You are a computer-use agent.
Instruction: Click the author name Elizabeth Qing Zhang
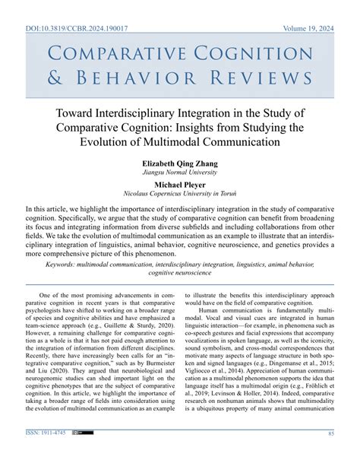pyautogui.click(x=179, y=162)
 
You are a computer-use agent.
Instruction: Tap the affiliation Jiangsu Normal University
pyautogui.click(x=179, y=173)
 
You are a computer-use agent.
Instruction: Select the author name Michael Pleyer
pyautogui.click(x=179, y=184)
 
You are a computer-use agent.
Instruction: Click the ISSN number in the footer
pyautogui.click(x=44, y=455)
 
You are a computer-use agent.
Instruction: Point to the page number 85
pyautogui.click(x=331, y=455)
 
